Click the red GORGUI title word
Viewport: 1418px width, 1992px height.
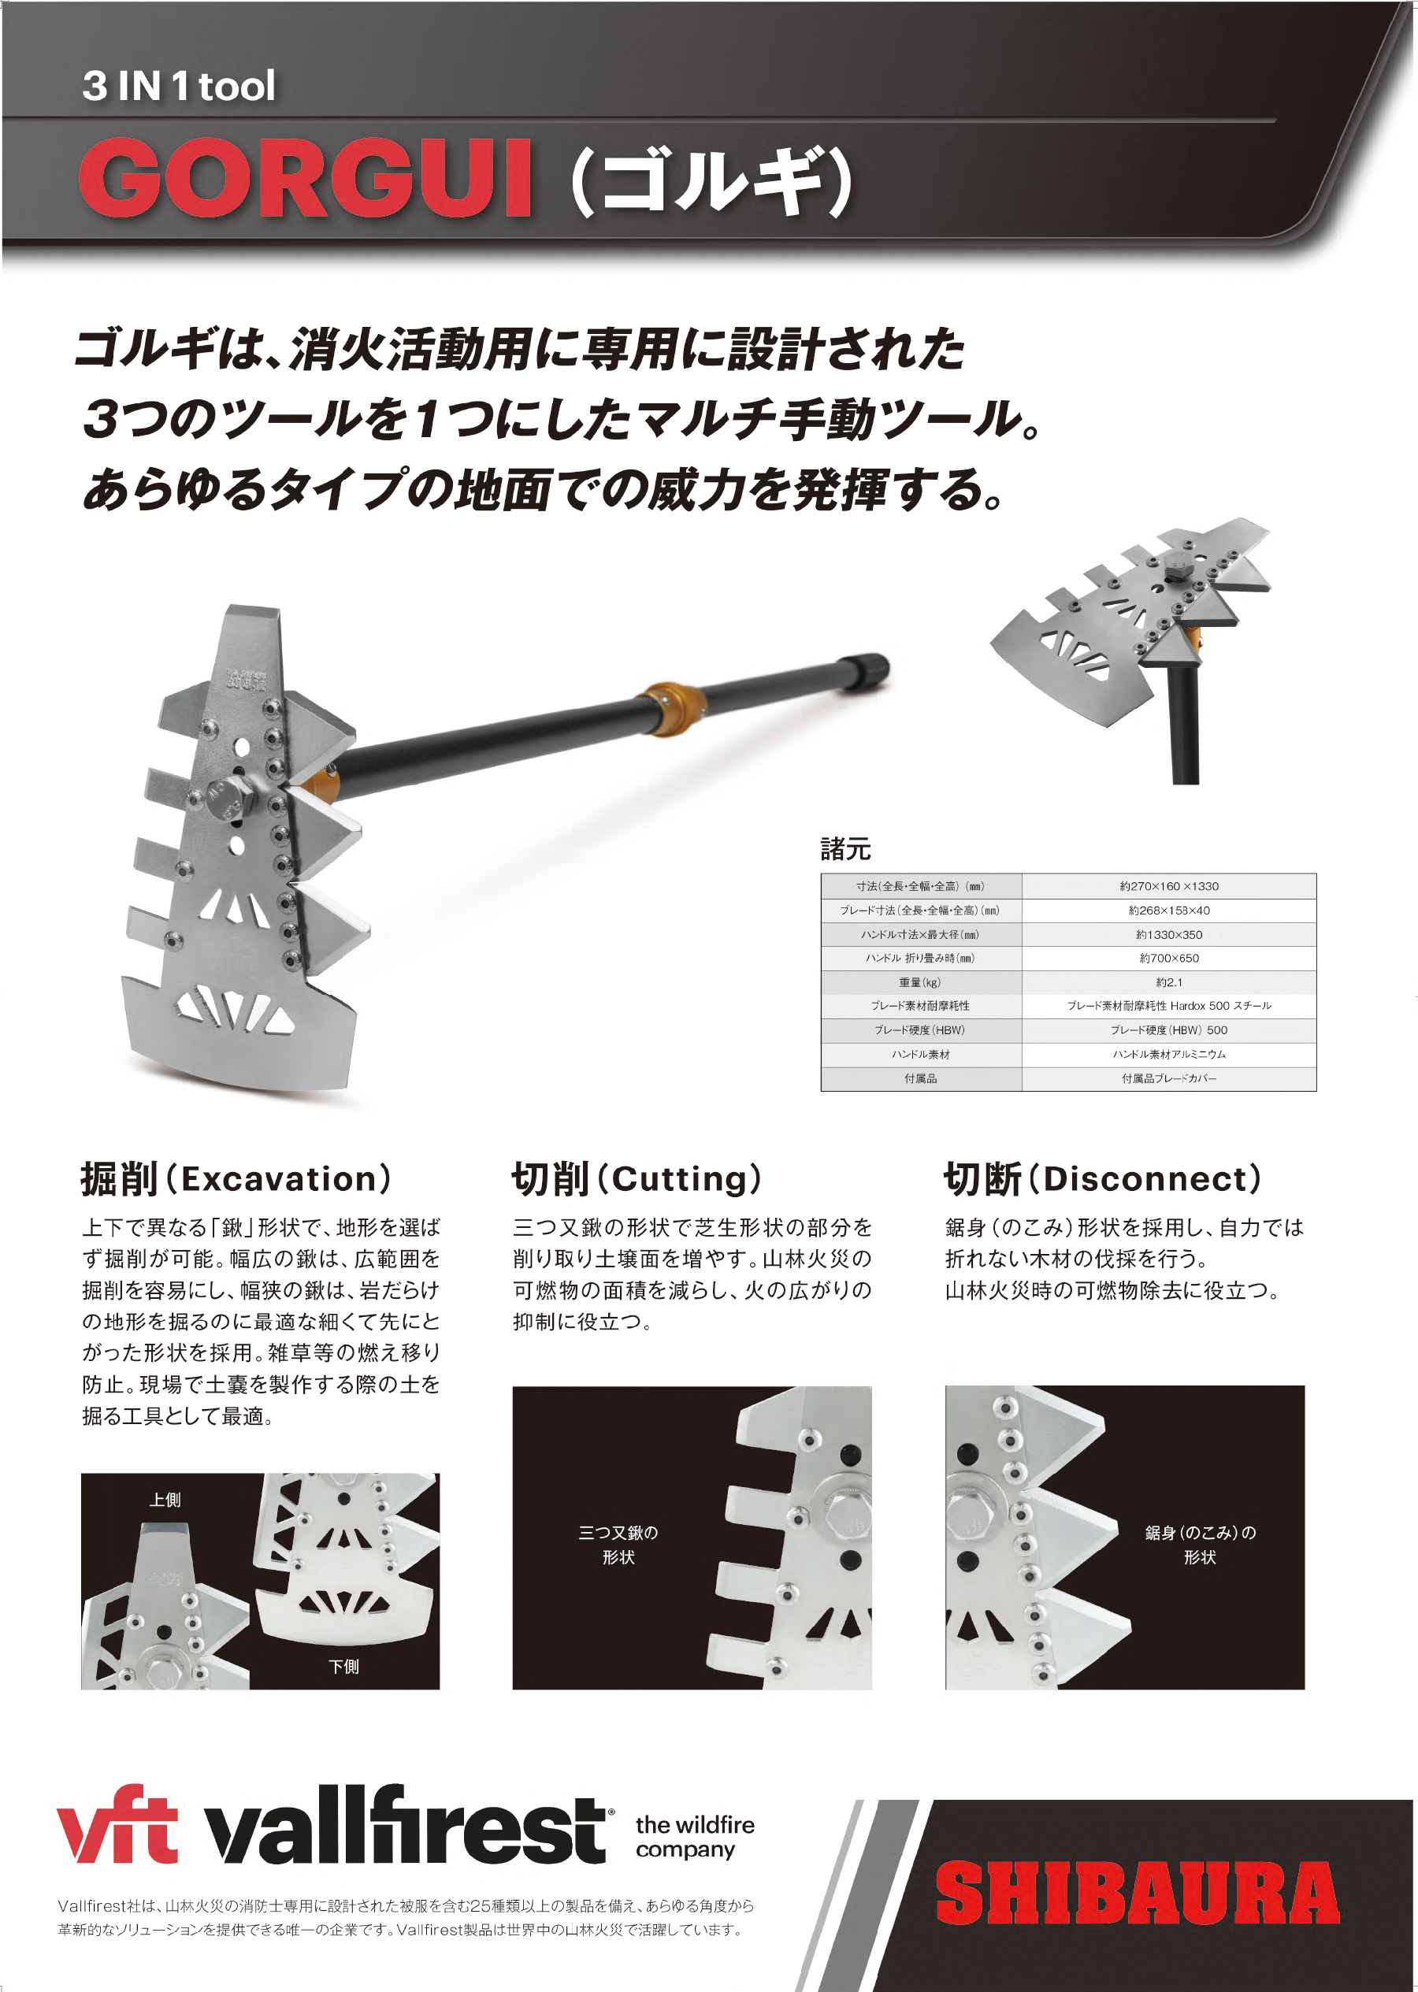(x=306, y=178)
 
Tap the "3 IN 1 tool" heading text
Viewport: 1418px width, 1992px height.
(x=179, y=87)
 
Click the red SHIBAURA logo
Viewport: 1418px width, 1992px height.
(x=1137, y=1893)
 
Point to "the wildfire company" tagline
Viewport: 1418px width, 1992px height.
(x=695, y=1837)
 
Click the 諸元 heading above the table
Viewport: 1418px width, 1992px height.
(x=845, y=848)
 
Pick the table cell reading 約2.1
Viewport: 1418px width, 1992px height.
(x=1169, y=982)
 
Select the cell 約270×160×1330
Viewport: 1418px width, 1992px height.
(x=1169, y=886)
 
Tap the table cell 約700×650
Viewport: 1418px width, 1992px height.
(x=1169, y=958)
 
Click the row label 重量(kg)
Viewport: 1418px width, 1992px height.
(x=920, y=982)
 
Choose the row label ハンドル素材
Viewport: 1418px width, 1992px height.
(x=920, y=1055)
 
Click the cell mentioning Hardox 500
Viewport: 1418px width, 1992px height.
(x=1169, y=1006)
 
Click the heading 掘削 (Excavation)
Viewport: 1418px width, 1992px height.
(x=236, y=1178)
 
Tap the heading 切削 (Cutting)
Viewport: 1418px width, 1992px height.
(x=637, y=1178)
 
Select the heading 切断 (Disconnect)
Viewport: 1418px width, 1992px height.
(x=1103, y=1178)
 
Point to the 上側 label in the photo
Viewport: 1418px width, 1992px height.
(x=165, y=1500)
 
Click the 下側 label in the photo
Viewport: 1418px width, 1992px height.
(x=343, y=1667)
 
